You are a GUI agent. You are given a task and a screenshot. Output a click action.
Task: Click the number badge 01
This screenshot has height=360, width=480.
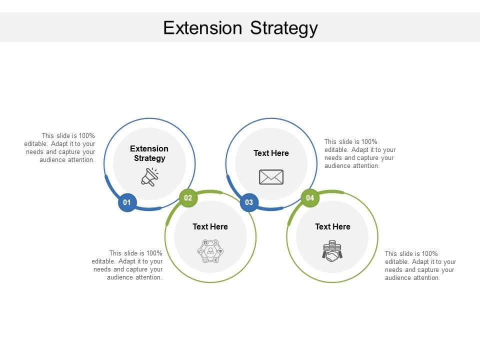point(127,202)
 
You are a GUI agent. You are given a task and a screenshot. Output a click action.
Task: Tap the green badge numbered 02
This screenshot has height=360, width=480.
point(188,198)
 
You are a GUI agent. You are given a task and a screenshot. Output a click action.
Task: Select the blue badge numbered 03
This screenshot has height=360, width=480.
point(249,202)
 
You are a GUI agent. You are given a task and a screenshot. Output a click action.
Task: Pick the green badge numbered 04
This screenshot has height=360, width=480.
point(310,198)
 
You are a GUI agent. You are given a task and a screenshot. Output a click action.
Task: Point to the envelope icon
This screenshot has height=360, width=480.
point(271,177)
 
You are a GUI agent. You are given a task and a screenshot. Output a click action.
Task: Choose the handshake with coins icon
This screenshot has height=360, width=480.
point(332,250)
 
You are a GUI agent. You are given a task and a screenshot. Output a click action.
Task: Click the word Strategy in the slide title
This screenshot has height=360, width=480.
point(283,27)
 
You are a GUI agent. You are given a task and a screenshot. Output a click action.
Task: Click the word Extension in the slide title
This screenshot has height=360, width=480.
point(202,27)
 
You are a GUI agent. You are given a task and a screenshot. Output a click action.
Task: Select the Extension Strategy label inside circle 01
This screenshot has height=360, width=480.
point(149,153)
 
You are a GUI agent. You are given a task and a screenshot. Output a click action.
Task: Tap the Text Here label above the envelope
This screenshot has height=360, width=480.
point(271,153)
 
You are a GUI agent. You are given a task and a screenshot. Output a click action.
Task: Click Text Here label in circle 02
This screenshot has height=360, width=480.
point(210,226)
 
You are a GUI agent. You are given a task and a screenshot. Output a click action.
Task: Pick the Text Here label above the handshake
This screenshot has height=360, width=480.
point(332,226)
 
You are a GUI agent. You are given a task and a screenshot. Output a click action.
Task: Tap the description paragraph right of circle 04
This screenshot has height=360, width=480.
point(420,265)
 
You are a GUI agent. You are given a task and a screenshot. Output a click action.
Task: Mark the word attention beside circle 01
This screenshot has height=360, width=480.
point(81,160)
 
